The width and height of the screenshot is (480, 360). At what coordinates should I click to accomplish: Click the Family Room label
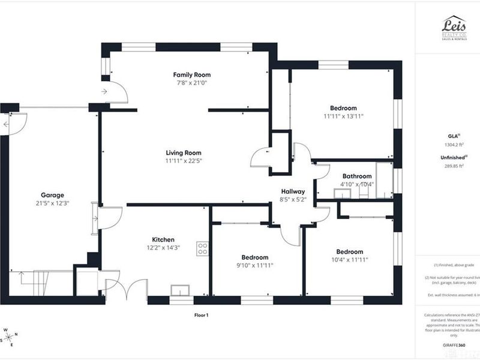191,75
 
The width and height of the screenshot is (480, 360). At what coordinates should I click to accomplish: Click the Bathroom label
357,176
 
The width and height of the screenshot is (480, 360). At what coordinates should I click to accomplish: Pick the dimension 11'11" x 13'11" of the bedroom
344,116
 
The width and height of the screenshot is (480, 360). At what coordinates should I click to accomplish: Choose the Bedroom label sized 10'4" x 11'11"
349,251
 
